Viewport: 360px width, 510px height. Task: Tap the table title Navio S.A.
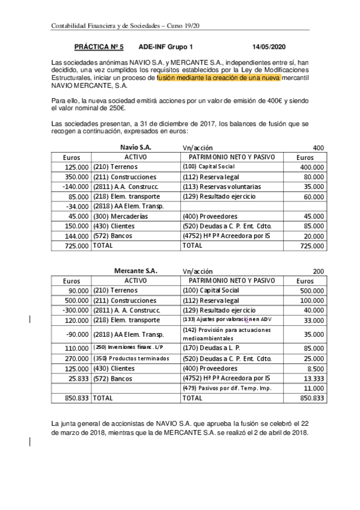pos(136,147)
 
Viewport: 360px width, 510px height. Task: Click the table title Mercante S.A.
pos(136,271)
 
